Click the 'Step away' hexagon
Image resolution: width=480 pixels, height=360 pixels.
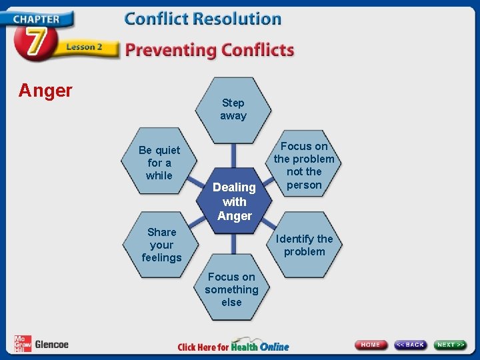pos(233,109)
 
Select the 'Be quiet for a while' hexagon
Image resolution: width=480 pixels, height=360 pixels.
pos(159,163)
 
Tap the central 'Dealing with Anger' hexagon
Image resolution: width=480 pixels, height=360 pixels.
pos(234,201)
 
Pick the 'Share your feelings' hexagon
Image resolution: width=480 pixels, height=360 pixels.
pos(161,244)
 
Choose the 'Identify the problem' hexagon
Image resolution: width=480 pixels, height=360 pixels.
pos(305,245)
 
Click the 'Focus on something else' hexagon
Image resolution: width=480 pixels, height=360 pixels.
pos(231,289)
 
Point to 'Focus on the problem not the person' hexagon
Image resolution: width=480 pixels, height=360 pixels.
pos(304,165)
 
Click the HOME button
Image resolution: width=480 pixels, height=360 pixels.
pos(371,345)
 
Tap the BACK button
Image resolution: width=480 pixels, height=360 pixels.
pos(411,345)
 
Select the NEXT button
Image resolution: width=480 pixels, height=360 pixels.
pos(451,345)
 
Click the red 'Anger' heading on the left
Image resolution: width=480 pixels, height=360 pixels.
pos(45,91)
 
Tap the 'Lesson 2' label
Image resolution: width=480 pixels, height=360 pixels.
pos(84,47)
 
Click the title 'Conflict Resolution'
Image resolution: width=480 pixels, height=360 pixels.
pos(203,19)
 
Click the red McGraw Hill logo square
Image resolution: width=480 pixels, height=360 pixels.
pos(23,344)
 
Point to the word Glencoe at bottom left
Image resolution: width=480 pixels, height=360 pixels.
pos(51,345)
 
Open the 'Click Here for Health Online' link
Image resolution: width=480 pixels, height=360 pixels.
pos(233,346)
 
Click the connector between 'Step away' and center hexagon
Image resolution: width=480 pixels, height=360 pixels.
pos(233,155)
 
